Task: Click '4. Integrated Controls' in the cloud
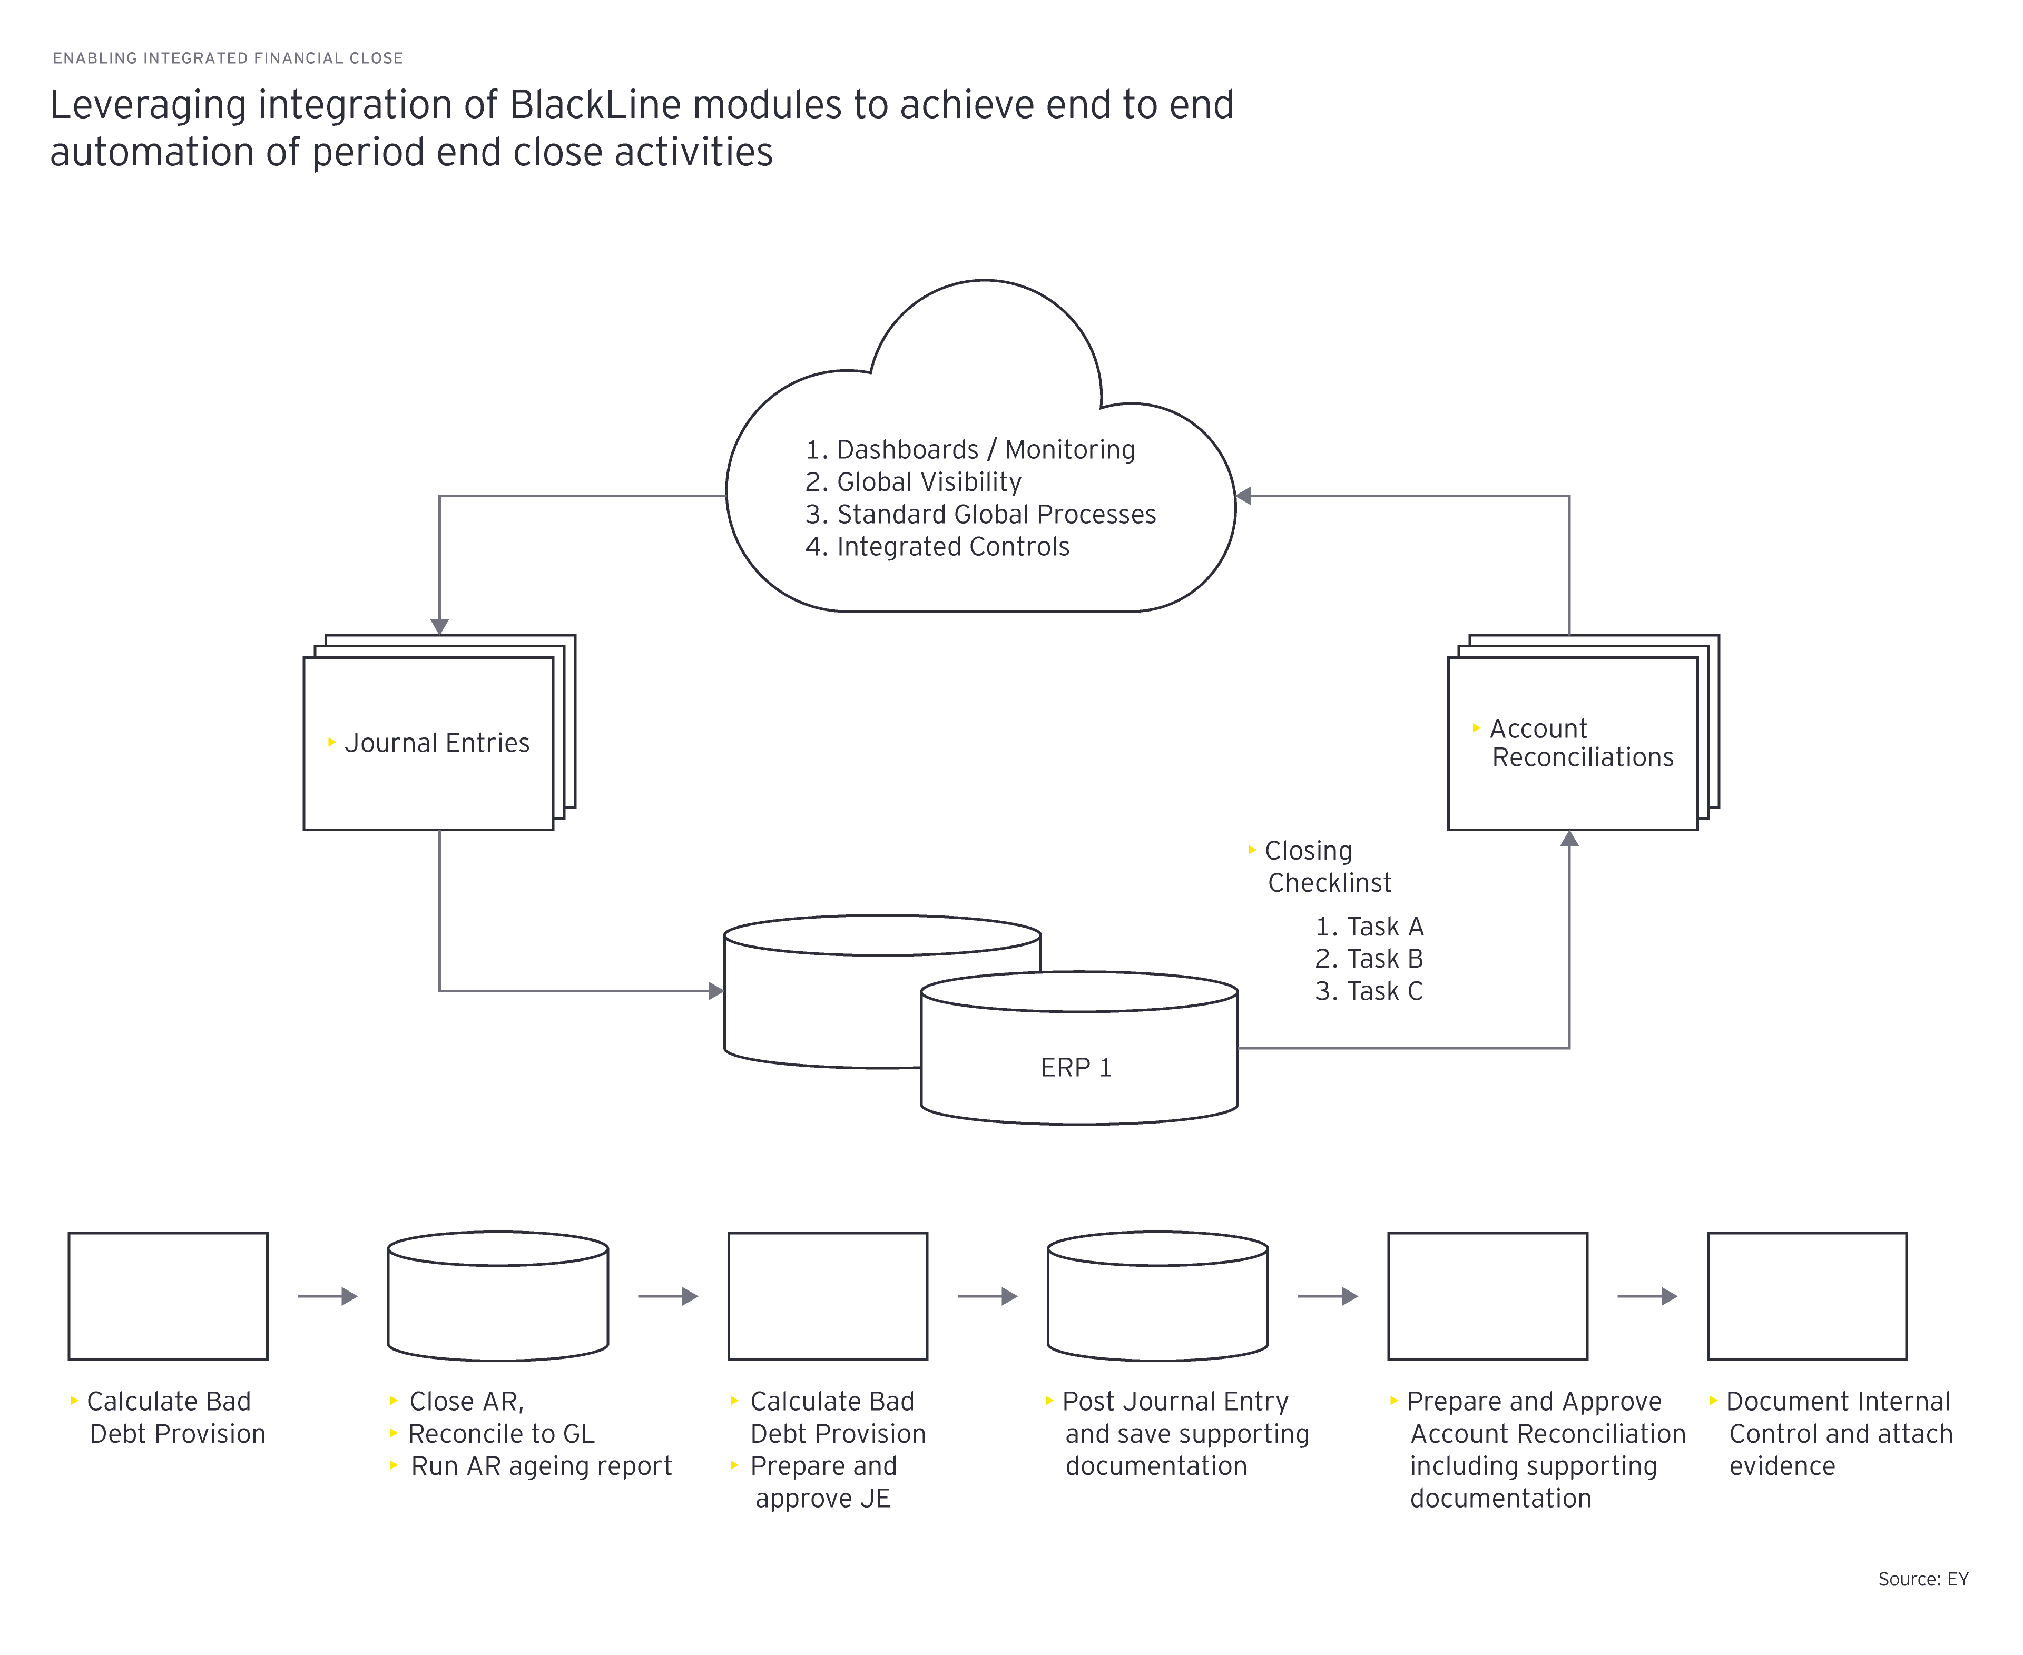[937, 546]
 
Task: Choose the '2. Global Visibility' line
[914, 481]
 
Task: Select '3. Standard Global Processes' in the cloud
[980, 514]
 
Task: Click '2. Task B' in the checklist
[1369, 958]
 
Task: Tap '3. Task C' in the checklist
[1369, 990]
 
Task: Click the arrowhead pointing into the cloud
[1243, 496]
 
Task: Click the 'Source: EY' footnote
[1923, 1579]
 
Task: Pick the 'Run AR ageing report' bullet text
[541, 1466]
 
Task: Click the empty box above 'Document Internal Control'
[1806, 1296]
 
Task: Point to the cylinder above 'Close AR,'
[498, 1296]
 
